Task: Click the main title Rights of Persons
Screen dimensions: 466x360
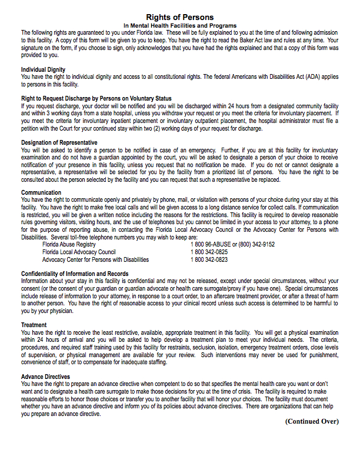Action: point(179,18)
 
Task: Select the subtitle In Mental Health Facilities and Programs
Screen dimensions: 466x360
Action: point(179,26)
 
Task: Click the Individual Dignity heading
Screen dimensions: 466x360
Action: point(43,69)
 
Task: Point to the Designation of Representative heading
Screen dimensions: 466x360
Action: point(59,142)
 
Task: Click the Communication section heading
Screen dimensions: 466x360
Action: point(41,192)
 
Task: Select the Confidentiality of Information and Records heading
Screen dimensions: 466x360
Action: point(75,274)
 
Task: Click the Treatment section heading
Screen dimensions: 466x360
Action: point(34,325)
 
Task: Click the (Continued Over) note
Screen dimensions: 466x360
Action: point(312,421)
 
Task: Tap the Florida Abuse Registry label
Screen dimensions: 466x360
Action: point(69,244)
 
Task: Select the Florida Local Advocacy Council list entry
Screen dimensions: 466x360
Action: point(79,252)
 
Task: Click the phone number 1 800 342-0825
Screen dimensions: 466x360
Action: point(209,252)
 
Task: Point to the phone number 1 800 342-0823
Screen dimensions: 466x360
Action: point(209,259)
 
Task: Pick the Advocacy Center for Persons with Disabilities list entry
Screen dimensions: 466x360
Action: point(95,259)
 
